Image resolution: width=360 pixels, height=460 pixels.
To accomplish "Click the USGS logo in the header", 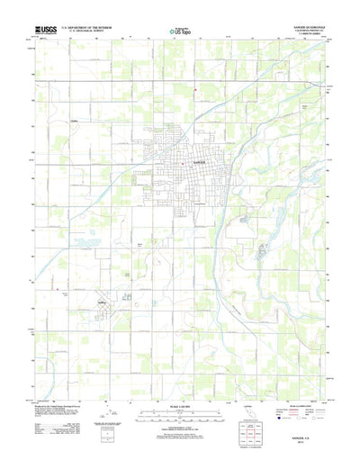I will pyautogui.click(x=41, y=30).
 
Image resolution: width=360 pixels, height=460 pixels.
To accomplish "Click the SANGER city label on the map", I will pyautogui.click(x=175, y=163).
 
